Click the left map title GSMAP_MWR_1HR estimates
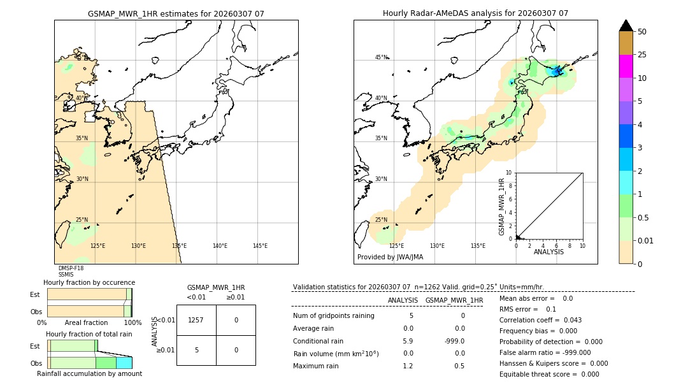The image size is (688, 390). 176,13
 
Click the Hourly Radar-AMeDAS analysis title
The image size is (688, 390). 475,13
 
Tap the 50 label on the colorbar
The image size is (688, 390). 642,32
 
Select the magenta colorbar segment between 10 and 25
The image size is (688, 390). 626,66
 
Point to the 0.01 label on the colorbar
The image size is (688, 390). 646,240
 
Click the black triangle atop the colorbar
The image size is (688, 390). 626,25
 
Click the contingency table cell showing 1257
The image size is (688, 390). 196,320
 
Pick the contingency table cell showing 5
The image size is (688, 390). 196,350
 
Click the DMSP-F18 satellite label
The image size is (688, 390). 71,268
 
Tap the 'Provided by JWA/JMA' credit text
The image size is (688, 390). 390,257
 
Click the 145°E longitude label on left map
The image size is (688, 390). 260,246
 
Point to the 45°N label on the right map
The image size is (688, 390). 381,57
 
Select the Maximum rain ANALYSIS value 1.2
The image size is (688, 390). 408,366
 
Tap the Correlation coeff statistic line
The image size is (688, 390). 540,320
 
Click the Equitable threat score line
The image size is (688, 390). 549,374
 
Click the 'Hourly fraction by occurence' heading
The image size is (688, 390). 89,282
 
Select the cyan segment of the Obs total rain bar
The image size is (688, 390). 124,363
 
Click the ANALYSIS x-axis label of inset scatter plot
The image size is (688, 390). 548,252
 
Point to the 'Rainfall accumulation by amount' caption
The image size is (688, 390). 89,373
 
